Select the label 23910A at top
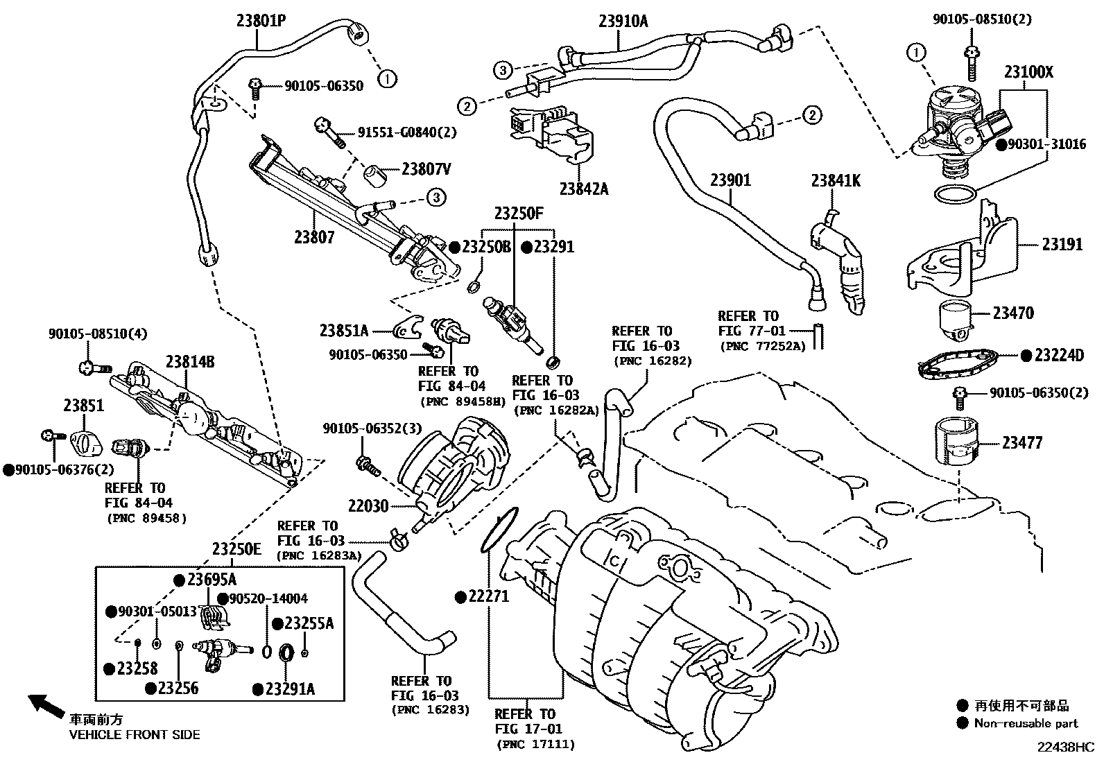623,21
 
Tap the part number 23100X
1028,72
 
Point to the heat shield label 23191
1061,244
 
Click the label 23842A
584,188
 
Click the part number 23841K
836,181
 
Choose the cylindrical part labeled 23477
956,441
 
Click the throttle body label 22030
368,507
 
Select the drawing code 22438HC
1065,747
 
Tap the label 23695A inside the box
212,580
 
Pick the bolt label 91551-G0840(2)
407,132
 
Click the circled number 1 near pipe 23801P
387,78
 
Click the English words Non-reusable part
1026,723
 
